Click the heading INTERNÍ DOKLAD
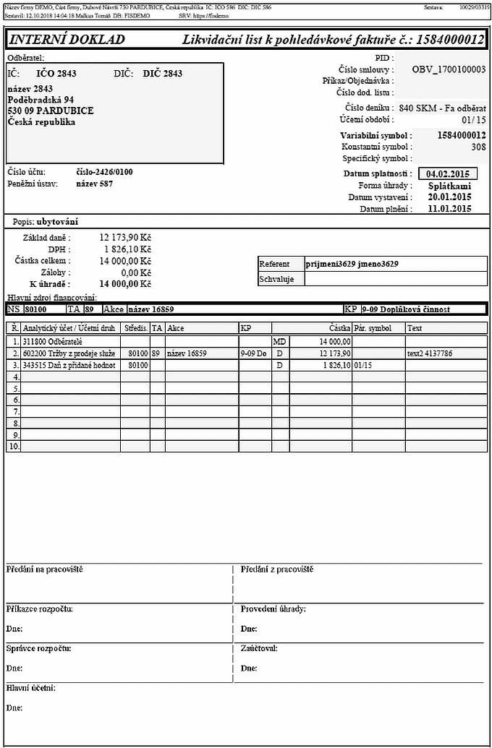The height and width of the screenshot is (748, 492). click(x=67, y=40)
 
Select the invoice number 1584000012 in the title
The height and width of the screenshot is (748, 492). click(x=450, y=40)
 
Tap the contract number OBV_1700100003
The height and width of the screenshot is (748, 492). click(x=448, y=70)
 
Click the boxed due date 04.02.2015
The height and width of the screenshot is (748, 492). click(x=448, y=174)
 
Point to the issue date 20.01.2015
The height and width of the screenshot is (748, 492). click(x=449, y=197)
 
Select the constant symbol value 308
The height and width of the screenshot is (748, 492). click(x=478, y=147)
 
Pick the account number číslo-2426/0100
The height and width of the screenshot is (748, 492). click(x=104, y=172)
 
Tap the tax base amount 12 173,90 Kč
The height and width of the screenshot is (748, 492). click(x=124, y=237)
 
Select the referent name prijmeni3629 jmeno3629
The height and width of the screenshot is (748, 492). click(x=352, y=265)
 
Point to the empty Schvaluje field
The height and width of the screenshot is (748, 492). click(x=395, y=279)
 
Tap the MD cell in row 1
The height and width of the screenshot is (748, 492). click(x=279, y=341)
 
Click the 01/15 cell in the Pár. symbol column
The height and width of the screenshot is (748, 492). click(x=362, y=366)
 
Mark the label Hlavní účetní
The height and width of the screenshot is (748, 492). click(x=30, y=688)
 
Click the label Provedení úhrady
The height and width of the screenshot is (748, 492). click(x=273, y=609)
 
